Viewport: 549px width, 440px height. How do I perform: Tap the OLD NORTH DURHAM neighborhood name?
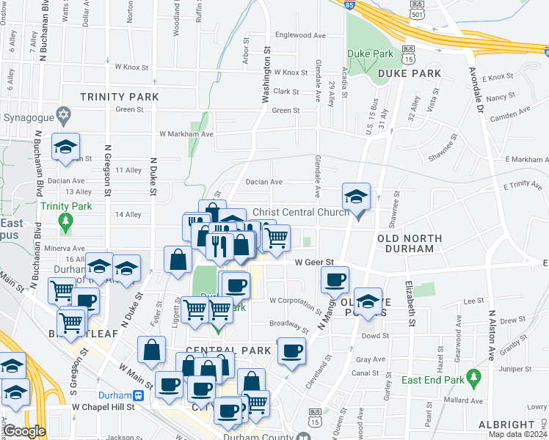409,243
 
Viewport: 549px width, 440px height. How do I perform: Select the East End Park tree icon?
473,378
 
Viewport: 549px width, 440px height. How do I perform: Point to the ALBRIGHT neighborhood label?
507,425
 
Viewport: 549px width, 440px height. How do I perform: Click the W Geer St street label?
314,262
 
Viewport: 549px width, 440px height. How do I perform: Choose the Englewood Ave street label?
299,34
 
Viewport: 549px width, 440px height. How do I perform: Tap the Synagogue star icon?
64,116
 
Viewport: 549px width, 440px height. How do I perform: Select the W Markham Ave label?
186,134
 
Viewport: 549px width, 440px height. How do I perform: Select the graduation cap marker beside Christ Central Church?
356,197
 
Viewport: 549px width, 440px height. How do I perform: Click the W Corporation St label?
295,301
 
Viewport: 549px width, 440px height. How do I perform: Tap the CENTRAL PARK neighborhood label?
219,351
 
